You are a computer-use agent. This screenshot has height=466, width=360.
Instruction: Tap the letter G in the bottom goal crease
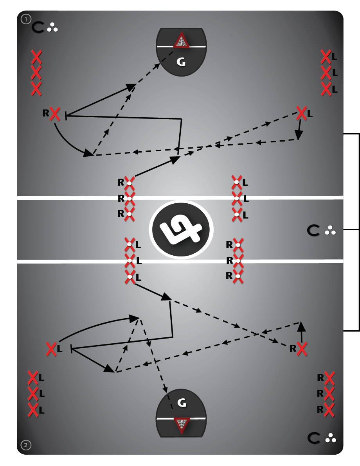click(x=182, y=403)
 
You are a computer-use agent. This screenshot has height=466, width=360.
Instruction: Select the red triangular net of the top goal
click(x=181, y=41)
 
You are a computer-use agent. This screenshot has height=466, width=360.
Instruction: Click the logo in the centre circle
click(x=182, y=229)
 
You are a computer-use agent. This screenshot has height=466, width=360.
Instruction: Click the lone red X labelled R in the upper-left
click(x=55, y=114)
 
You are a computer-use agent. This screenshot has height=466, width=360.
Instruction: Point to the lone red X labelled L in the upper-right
click(x=301, y=113)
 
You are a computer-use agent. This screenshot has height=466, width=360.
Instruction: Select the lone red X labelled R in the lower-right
click(x=301, y=348)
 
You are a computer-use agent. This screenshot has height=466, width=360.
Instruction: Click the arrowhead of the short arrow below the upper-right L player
click(x=299, y=135)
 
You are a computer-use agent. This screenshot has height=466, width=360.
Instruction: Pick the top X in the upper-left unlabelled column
click(x=36, y=57)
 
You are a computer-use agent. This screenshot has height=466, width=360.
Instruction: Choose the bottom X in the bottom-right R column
click(x=329, y=409)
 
